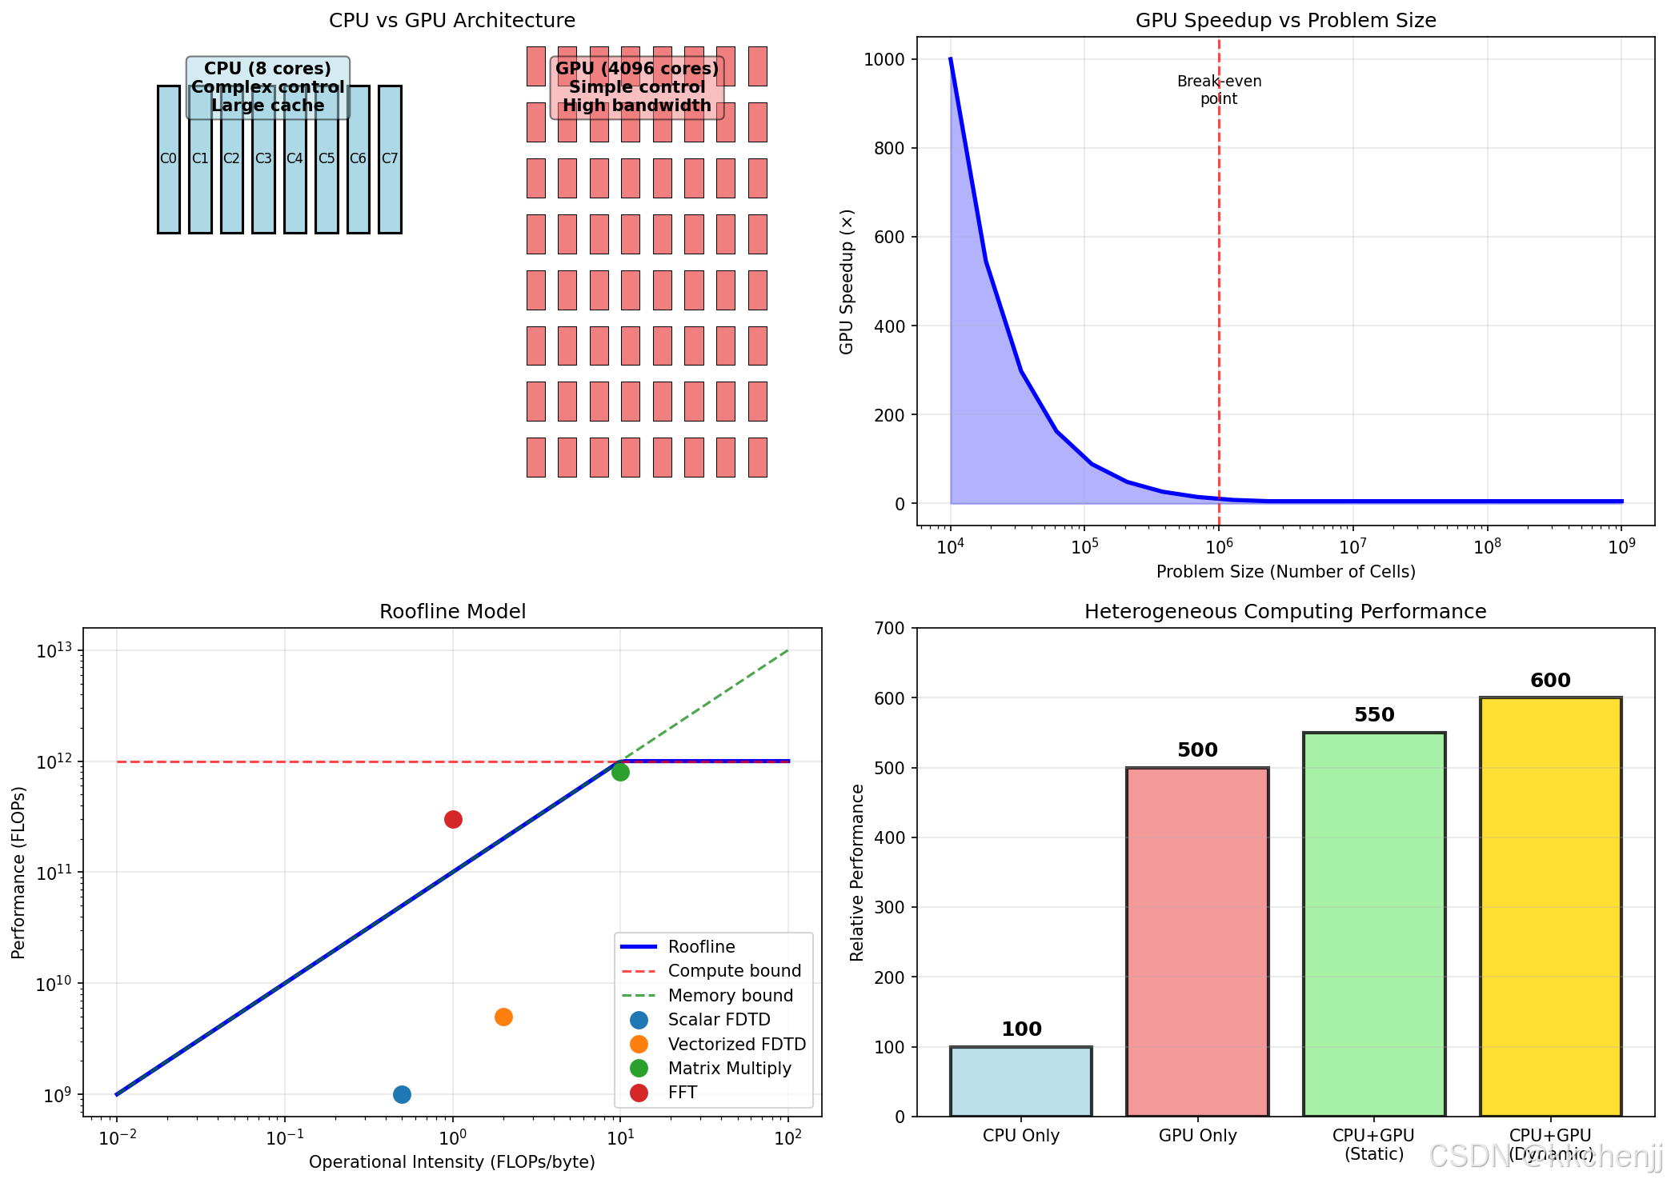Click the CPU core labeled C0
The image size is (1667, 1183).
[168, 184]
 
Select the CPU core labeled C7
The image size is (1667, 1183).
[390, 184]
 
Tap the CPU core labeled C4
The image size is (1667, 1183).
[295, 184]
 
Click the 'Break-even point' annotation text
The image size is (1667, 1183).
[1219, 90]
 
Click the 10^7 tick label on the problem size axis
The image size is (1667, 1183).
[1352, 546]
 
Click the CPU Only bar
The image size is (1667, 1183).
[1020, 1081]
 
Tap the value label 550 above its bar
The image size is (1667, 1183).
[1374, 715]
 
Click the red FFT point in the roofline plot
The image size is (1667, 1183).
[453, 819]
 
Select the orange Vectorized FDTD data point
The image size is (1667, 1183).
[503, 1017]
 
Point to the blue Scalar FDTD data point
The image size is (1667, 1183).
[402, 1094]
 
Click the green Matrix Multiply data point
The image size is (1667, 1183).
[620, 772]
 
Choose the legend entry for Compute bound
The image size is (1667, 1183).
[734, 971]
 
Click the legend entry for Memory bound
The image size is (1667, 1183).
[730, 996]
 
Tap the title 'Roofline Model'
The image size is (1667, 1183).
[452, 612]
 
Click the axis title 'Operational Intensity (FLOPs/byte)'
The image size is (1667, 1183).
[452, 1162]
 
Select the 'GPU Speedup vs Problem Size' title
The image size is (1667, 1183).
[1285, 21]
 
